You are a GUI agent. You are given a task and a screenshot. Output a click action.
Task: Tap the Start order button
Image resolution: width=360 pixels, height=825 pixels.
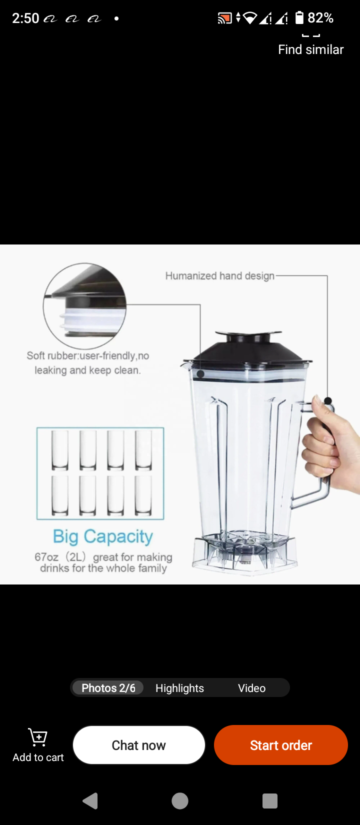point(280,745)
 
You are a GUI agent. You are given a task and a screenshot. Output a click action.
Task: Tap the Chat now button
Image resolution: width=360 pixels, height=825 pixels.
point(138,745)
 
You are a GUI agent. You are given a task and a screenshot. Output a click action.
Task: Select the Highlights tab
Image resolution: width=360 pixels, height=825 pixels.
point(179,688)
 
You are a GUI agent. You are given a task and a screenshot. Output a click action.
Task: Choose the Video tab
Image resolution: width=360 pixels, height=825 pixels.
point(251,688)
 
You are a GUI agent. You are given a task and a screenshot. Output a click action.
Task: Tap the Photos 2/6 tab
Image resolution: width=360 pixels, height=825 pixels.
point(108,688)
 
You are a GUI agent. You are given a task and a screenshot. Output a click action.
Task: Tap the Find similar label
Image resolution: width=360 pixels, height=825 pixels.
point(310,49)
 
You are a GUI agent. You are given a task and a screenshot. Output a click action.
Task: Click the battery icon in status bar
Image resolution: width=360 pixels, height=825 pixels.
point(299,18)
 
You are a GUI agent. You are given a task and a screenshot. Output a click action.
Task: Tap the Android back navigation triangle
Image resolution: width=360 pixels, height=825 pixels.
point(90,801)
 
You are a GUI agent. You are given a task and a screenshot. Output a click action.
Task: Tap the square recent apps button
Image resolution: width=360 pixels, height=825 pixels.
point(269,801)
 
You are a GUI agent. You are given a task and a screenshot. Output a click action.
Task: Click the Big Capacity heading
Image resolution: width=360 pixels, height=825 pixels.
point(103,536)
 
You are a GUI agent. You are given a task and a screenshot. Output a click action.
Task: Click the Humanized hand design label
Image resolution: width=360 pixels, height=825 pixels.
point(219,276)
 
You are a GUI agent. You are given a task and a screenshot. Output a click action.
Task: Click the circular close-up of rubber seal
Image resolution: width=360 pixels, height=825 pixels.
point(84,305)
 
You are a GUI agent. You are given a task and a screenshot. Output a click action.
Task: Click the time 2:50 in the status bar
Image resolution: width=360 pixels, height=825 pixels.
point(25,18)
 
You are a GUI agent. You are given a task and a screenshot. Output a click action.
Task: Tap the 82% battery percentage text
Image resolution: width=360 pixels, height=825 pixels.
point(320,18)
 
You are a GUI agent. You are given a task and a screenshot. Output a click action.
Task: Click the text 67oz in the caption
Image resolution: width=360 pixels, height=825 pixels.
point(46,557)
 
